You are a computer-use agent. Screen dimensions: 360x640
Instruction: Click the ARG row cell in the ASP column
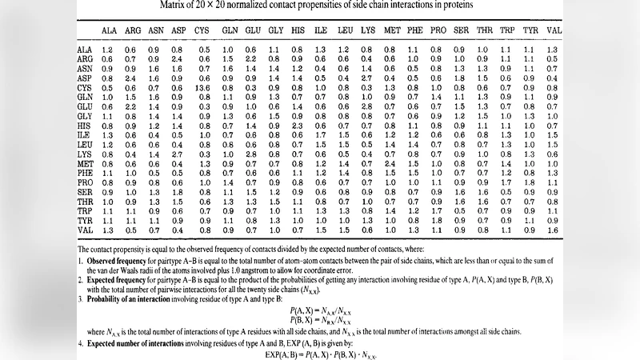tap(178, 59)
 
